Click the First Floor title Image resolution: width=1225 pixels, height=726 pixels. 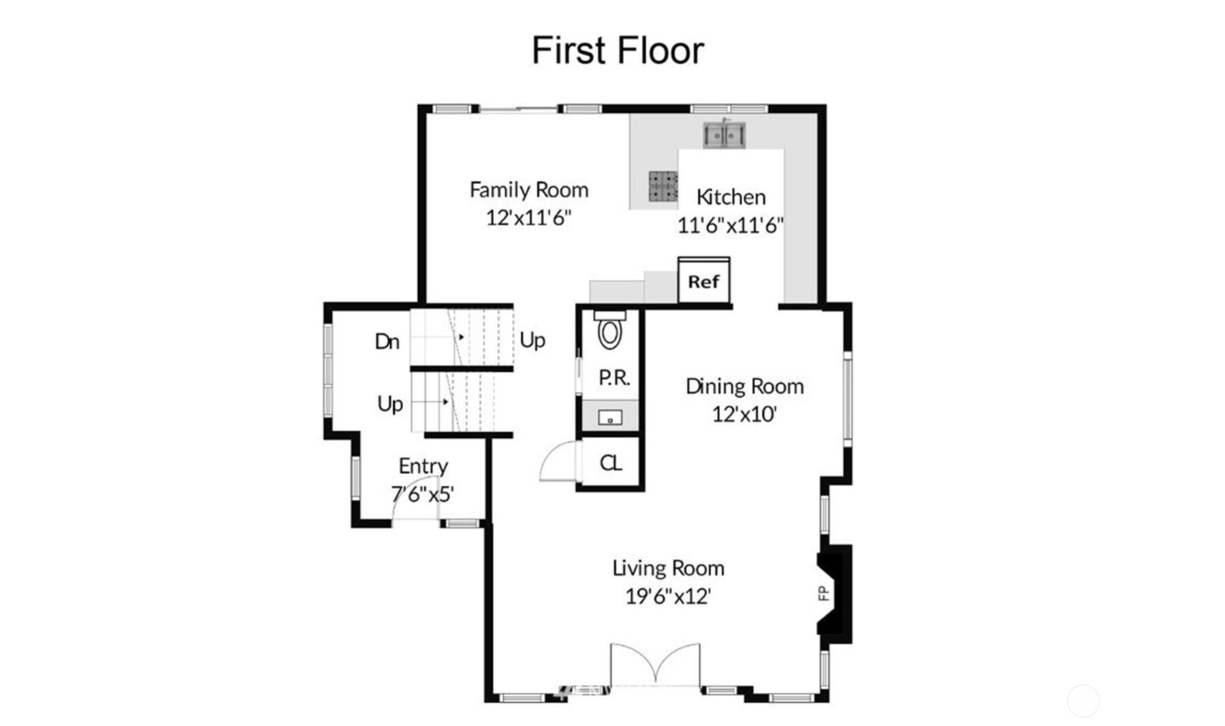pos(618,50)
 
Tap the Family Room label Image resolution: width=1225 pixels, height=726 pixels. pos(529,190)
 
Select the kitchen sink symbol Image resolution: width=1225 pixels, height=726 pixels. pos(724,134)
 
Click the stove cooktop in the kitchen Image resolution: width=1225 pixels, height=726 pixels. pos(663,186)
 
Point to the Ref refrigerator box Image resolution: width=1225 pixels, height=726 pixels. pos(704,280)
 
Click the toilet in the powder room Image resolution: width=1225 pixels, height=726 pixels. pos(610,330)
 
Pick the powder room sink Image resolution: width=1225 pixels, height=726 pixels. pos(610,417)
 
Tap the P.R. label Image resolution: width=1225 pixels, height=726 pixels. pos(614,377)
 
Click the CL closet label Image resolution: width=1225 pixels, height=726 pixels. pos(611,463)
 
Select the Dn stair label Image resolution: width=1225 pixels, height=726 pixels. pos(387,341)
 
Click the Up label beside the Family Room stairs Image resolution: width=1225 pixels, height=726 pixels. pos(532,340)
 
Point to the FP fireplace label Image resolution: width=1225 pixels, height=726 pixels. pos(824,593)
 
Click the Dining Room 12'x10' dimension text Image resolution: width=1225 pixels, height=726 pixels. pos(745,414)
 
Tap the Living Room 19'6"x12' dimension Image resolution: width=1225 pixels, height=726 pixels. pos(668,596)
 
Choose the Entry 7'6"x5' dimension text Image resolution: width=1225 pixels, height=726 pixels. pos(422,494)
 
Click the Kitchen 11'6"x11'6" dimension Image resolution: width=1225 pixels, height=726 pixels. pos(731,225)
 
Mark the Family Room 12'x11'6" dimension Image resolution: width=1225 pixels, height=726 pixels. pos(528,218)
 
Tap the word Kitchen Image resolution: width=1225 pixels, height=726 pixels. pos(731,198)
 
